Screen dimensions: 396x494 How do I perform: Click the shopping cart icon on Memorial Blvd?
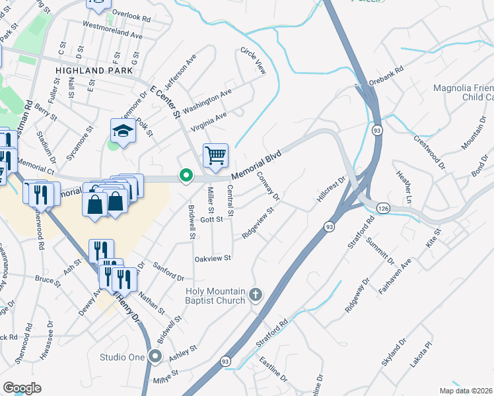pos(215,156)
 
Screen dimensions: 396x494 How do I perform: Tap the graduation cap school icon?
pos(123,131)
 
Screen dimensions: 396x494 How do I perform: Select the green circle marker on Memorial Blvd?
pos(186,176)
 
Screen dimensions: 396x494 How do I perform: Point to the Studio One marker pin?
pos(155,357)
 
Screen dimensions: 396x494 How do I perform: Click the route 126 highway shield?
pos(383,208)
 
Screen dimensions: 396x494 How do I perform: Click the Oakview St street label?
pos(212,258)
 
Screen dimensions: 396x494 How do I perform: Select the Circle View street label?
pos(252,60)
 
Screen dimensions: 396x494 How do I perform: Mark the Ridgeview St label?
pos(258,224)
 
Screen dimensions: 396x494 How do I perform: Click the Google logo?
pos(22,387)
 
